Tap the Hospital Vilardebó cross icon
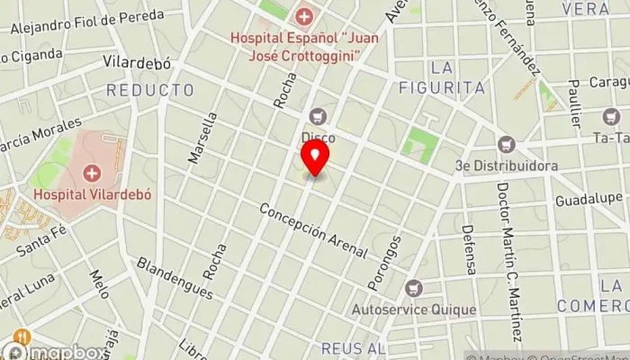click(x=91, y=173)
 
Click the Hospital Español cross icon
click(x=304, y=16)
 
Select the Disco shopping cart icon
click(x=317, y=116)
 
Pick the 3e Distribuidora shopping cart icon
click(x=507, y=144)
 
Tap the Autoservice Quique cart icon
click(x=413, y=289)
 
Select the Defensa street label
click(x=468, y=250)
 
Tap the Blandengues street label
click(x=175, y=278)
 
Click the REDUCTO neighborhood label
click(x=149, y=90)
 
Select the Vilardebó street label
click(x=137, y=64)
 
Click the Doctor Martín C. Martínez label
click(x=508, y=262)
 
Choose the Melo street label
click(x=99, y=281)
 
